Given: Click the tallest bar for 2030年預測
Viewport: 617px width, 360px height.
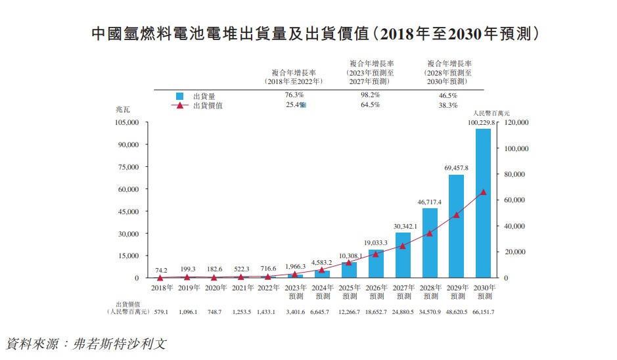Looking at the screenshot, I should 484,204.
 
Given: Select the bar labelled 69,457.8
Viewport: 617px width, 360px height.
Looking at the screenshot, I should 457,226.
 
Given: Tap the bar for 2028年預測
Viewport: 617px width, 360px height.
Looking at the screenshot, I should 430,243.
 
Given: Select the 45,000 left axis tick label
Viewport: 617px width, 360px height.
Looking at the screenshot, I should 127,212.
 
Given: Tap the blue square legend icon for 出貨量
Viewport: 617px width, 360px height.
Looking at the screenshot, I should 179,96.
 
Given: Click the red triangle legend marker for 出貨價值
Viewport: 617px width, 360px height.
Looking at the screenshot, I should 179,105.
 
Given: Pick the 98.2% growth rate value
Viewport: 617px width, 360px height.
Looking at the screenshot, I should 371,95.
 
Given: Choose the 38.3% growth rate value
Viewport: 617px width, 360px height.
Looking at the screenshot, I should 447,105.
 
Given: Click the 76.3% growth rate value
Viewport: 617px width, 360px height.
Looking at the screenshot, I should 294,95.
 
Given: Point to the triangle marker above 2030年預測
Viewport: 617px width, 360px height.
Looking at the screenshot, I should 484,192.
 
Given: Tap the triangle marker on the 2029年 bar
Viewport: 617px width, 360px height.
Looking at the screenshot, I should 457,215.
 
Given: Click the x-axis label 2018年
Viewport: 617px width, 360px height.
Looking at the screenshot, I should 161,288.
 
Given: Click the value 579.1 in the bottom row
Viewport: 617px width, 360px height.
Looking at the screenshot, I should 161,311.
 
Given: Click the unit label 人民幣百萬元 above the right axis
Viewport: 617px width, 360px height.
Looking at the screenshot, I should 491,114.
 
